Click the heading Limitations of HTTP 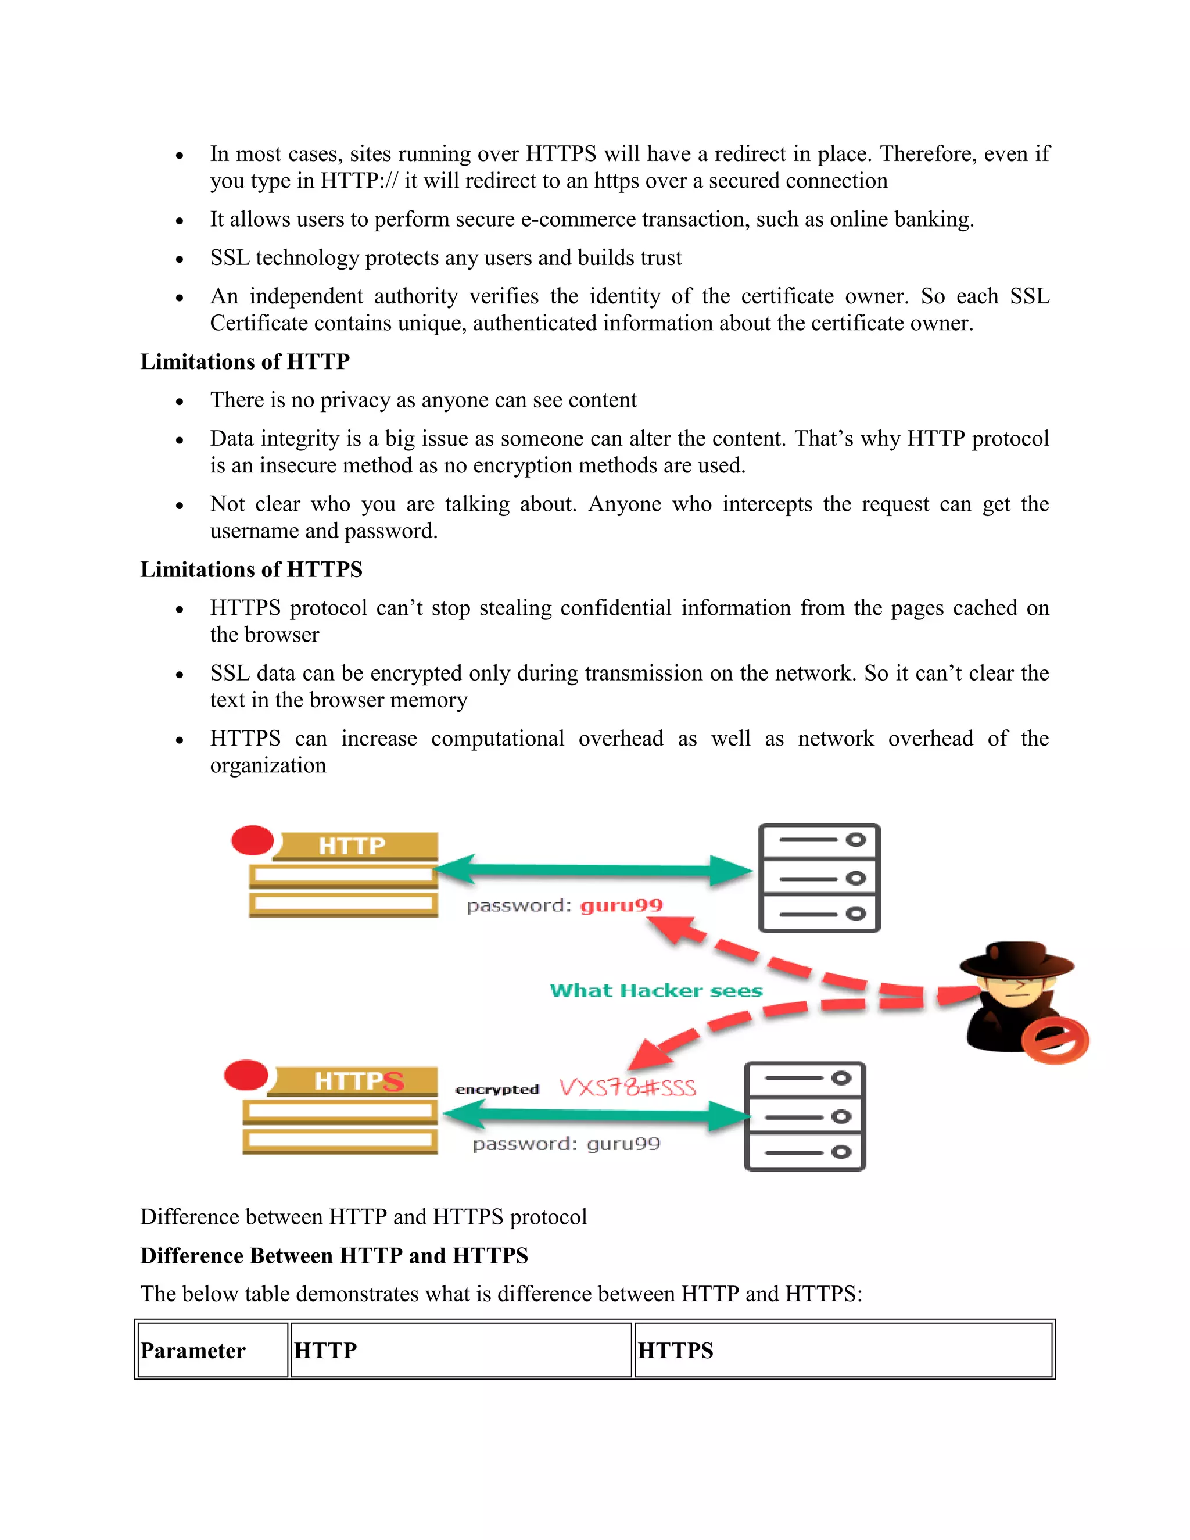coord(245,361)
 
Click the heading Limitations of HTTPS coord(251,569)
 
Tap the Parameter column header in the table coord(193,1351)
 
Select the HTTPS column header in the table coord(675,1351)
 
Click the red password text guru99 coord(621,905)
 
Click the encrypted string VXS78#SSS coord(628,1087)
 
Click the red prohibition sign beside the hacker coord(1055,1040)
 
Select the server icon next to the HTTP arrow coord(819,878)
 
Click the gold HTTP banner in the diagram coord(353,846)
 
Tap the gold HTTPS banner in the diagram coord(356,1080)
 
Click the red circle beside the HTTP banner coord(252,840)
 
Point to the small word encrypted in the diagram coord(497,1090)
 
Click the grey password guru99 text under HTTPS coord(566,1144)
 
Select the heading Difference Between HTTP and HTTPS coord(334,1256)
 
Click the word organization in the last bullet coord(268,765)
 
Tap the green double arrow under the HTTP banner coord(594,870)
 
